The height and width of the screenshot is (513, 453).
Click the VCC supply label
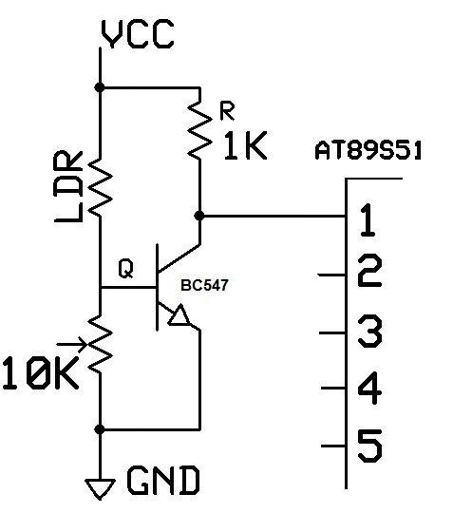pyautogui.click(x=137, y=35)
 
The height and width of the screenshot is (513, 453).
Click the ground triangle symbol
pyautogui.click(x=99, y=486)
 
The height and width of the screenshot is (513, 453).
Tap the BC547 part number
pyautogui.click(x=214, y=284)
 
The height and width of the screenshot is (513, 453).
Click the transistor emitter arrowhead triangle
pyautogui.click(x=178, y=318)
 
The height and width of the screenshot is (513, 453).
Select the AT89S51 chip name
pyautogui.click(x=369, y=151)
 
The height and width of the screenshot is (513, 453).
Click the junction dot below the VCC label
pyautogui.click(x=100, y=86)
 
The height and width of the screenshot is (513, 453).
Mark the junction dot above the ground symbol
pyautogui.click(x=100, y=428)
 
